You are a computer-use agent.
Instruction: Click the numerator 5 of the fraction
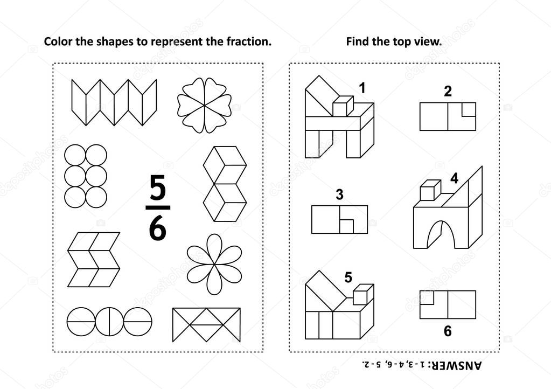click(x=157, y=187)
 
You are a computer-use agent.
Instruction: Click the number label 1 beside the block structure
click(x=362, y=88)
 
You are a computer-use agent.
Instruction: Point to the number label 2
click(x=448, y=92)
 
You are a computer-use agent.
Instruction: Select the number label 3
click(x=339, y=194)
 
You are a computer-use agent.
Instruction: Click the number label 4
click(x=454, y=178)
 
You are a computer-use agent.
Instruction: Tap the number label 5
click(x=348, y=277)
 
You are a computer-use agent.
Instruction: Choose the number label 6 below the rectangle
click(x=448, y=331)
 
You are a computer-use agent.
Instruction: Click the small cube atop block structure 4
click(x=430, y=190)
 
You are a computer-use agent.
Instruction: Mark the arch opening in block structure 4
click(x=440, y=235)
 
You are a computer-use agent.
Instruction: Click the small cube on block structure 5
click(x=363, y=295)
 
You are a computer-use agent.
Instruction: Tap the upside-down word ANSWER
click(x=458, y=365)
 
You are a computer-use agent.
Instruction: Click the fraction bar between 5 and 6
click(x=157, y=207)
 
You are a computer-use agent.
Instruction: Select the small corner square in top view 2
click(x=469, y=109)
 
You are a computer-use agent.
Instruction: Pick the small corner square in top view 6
click(x=427, y=297)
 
